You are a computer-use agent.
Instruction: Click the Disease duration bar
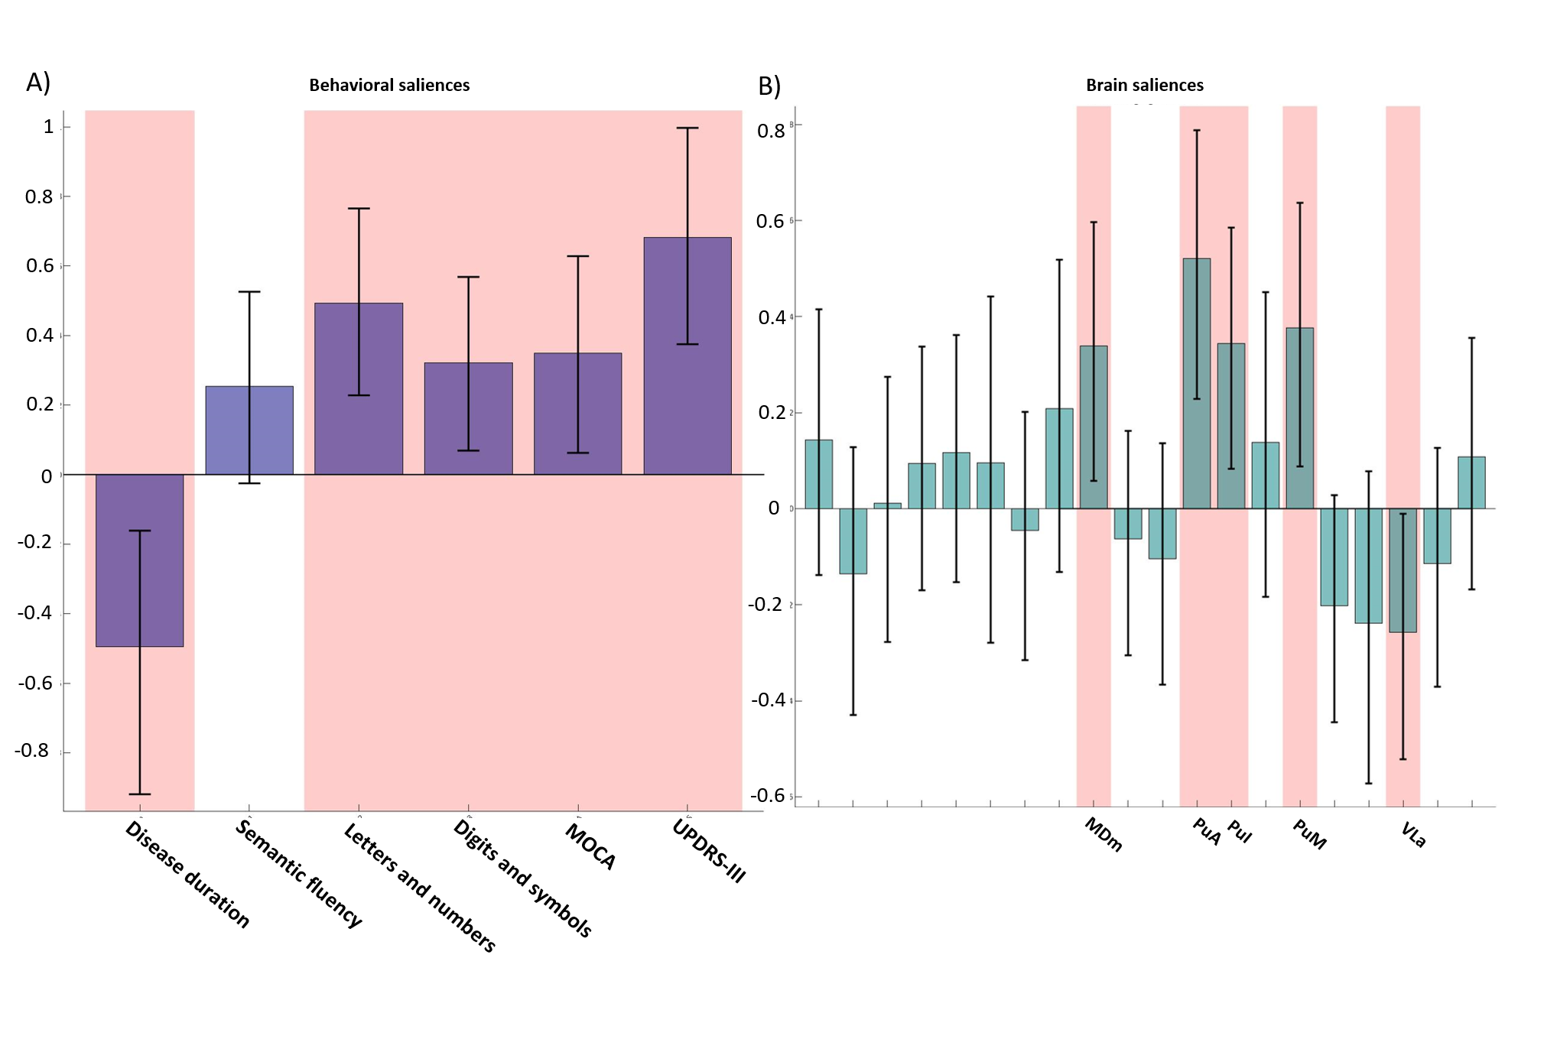pos(139,560)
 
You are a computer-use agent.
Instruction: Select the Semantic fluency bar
pos(249,430)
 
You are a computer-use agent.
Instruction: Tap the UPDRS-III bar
pos(687,356)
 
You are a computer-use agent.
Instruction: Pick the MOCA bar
pos(577,414)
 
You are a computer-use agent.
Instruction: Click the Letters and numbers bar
pos(359,389)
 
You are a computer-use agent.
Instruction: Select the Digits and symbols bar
pos(468,418)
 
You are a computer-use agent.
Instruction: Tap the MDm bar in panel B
pos(1094,427)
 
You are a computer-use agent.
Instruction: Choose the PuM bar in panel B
pos(1299,418)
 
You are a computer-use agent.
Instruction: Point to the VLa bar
pos(1403,570)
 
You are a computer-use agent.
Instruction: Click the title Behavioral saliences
pos(389,86)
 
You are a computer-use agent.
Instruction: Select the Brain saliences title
pos(1144,86)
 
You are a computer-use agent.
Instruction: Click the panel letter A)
pos(38,83)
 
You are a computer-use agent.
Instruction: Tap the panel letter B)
pos(769,86)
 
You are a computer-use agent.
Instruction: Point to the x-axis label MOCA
pos(590,846)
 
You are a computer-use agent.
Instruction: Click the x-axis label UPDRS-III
pos(708,851)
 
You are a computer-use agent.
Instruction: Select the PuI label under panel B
pos(1240,831)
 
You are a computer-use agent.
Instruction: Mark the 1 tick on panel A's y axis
pos(48,127)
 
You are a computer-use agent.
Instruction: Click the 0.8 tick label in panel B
pos(771,131)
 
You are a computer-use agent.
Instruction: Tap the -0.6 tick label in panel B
pos(768,796)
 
